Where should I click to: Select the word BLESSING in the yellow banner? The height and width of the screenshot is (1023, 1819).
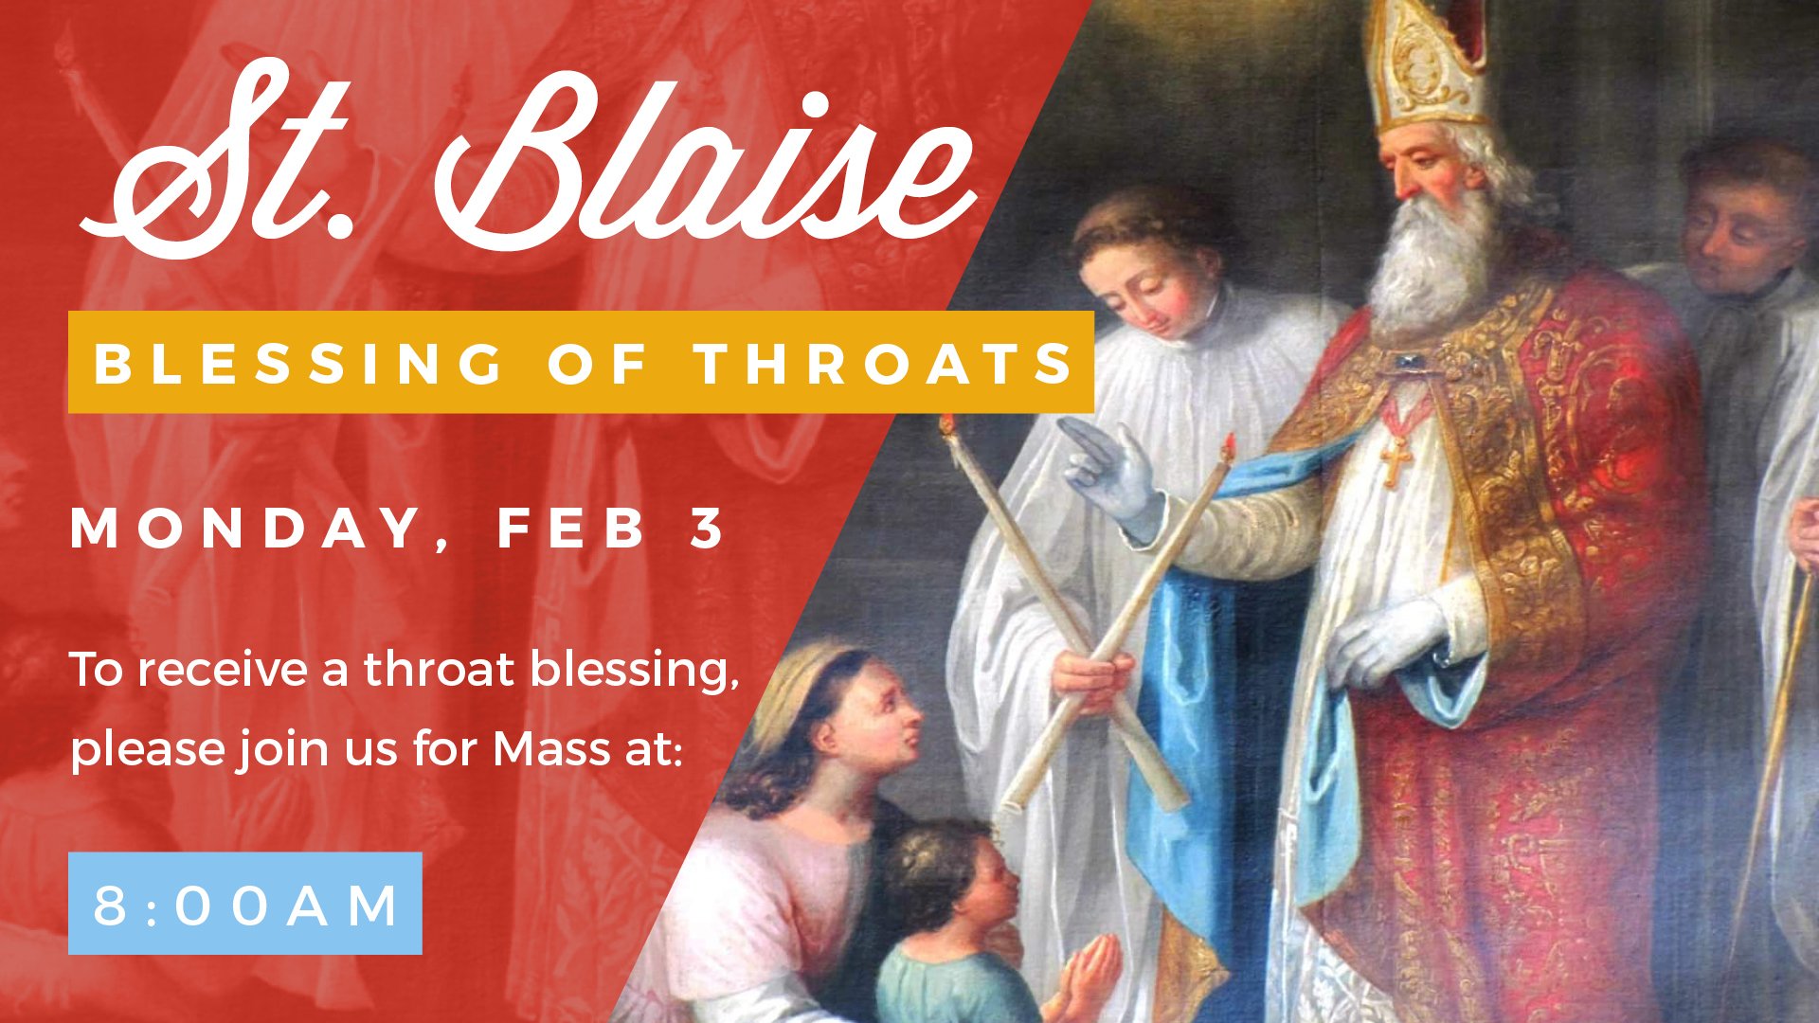tap(299, 364)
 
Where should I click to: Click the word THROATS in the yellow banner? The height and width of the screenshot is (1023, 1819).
tap(883, 364)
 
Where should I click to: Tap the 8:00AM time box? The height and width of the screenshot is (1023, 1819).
tap(244, 904)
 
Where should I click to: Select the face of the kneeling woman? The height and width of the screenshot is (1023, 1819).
tap(876, 715)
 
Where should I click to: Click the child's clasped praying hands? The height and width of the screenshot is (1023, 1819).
tap(1090, 976)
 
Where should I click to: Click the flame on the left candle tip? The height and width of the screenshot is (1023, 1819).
tap(946, 423)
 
